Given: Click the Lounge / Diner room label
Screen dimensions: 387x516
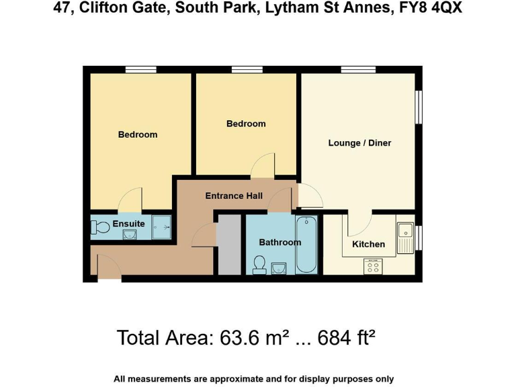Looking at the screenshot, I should [x=359, y=143].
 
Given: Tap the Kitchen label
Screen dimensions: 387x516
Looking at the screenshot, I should [x=368, y=244].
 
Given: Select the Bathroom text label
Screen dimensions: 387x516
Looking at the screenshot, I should [x=279, y=242].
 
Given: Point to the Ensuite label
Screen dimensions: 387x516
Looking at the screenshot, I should [x=128, y=224].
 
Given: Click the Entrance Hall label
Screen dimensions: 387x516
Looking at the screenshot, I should [x=234, y=196].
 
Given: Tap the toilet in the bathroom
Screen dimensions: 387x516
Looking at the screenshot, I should [x=259, y=266].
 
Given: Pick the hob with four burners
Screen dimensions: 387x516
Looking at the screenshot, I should [x=372, y=267].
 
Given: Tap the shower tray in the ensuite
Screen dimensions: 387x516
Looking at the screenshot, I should [x=161, y=227].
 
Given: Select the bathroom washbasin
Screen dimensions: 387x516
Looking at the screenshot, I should [x=280, y=269].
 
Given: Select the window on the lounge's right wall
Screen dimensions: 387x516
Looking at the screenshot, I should [x=419, y=107].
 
